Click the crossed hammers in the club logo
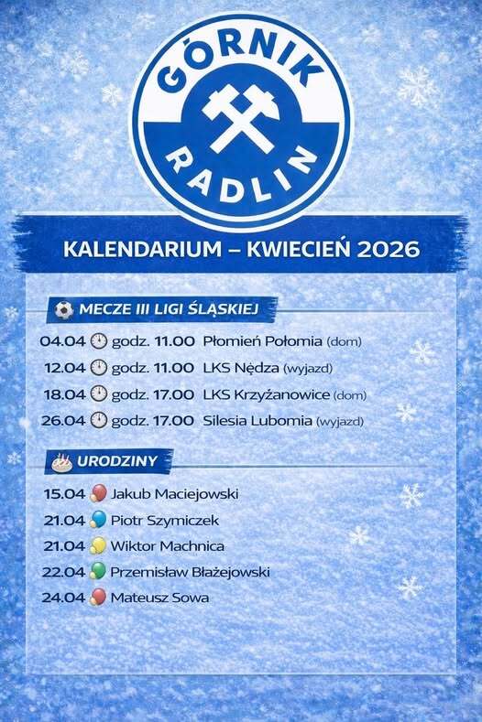(241, 119)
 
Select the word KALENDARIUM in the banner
(143, 249)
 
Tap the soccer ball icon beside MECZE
(64, 309)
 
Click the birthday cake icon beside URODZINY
(62, 462)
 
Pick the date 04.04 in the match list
(62, 341)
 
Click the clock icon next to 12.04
(99, 368)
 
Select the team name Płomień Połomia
(262, 341)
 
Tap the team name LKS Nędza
(241, 368)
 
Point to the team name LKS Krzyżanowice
(267, 394)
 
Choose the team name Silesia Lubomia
(257, 420)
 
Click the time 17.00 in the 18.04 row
(174, 394)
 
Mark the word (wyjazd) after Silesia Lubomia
(340, 421)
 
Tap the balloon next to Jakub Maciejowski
(98, 493)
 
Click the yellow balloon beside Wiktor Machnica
(98, 545)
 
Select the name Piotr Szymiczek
(165, 521)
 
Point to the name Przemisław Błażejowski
(190, 572)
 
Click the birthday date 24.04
(63, 598)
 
